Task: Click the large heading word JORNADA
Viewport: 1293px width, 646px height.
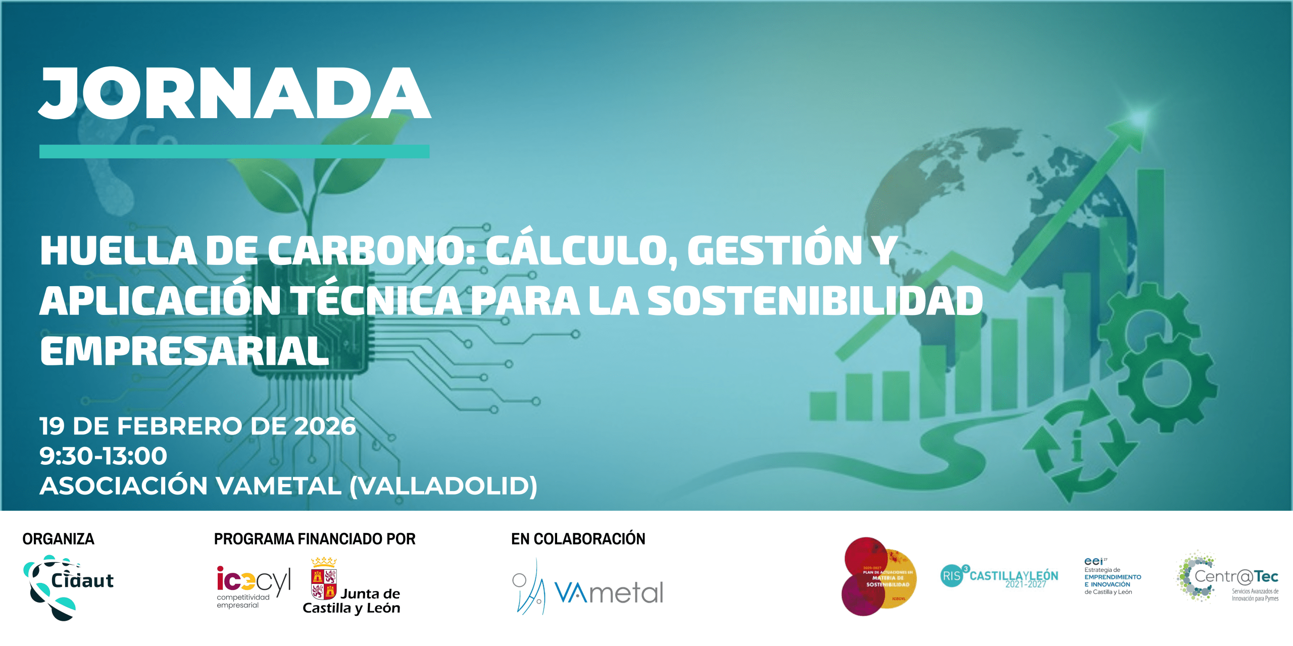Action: click(x=235, y=93)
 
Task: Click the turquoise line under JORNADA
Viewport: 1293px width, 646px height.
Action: click(x=234, y=151)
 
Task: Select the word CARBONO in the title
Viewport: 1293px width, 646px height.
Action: click(x=371, y=251)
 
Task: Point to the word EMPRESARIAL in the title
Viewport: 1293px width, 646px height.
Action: click(x=184, y=351)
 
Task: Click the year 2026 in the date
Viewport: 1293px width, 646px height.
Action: click(x=325, y=426)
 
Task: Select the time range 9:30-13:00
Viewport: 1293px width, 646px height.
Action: click(x=103, y=456)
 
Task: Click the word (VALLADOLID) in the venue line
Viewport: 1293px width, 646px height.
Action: click(x=443, y=486)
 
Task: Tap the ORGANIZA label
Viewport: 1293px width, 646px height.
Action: click(x=58, y=539)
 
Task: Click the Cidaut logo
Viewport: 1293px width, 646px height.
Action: click(x=68, y=586)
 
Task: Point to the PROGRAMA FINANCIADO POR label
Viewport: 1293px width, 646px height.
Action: click(x=314, y=539)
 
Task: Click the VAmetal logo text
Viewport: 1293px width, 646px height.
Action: click(x=609, y=593)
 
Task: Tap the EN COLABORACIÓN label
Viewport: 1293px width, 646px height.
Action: click(x=578, y=539)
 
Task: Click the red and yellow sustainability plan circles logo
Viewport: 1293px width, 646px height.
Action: click(x=879, y=576)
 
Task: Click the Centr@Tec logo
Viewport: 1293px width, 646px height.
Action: click(x=1227, y=577)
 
